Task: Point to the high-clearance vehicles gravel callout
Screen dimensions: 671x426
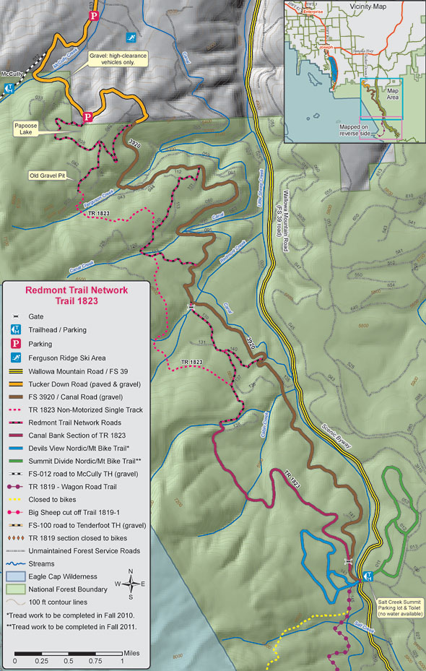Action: (x=117, y=58)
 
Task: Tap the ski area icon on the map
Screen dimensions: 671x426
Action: (x=131, y=38)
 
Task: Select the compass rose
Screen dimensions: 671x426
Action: (x=129, y=582)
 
